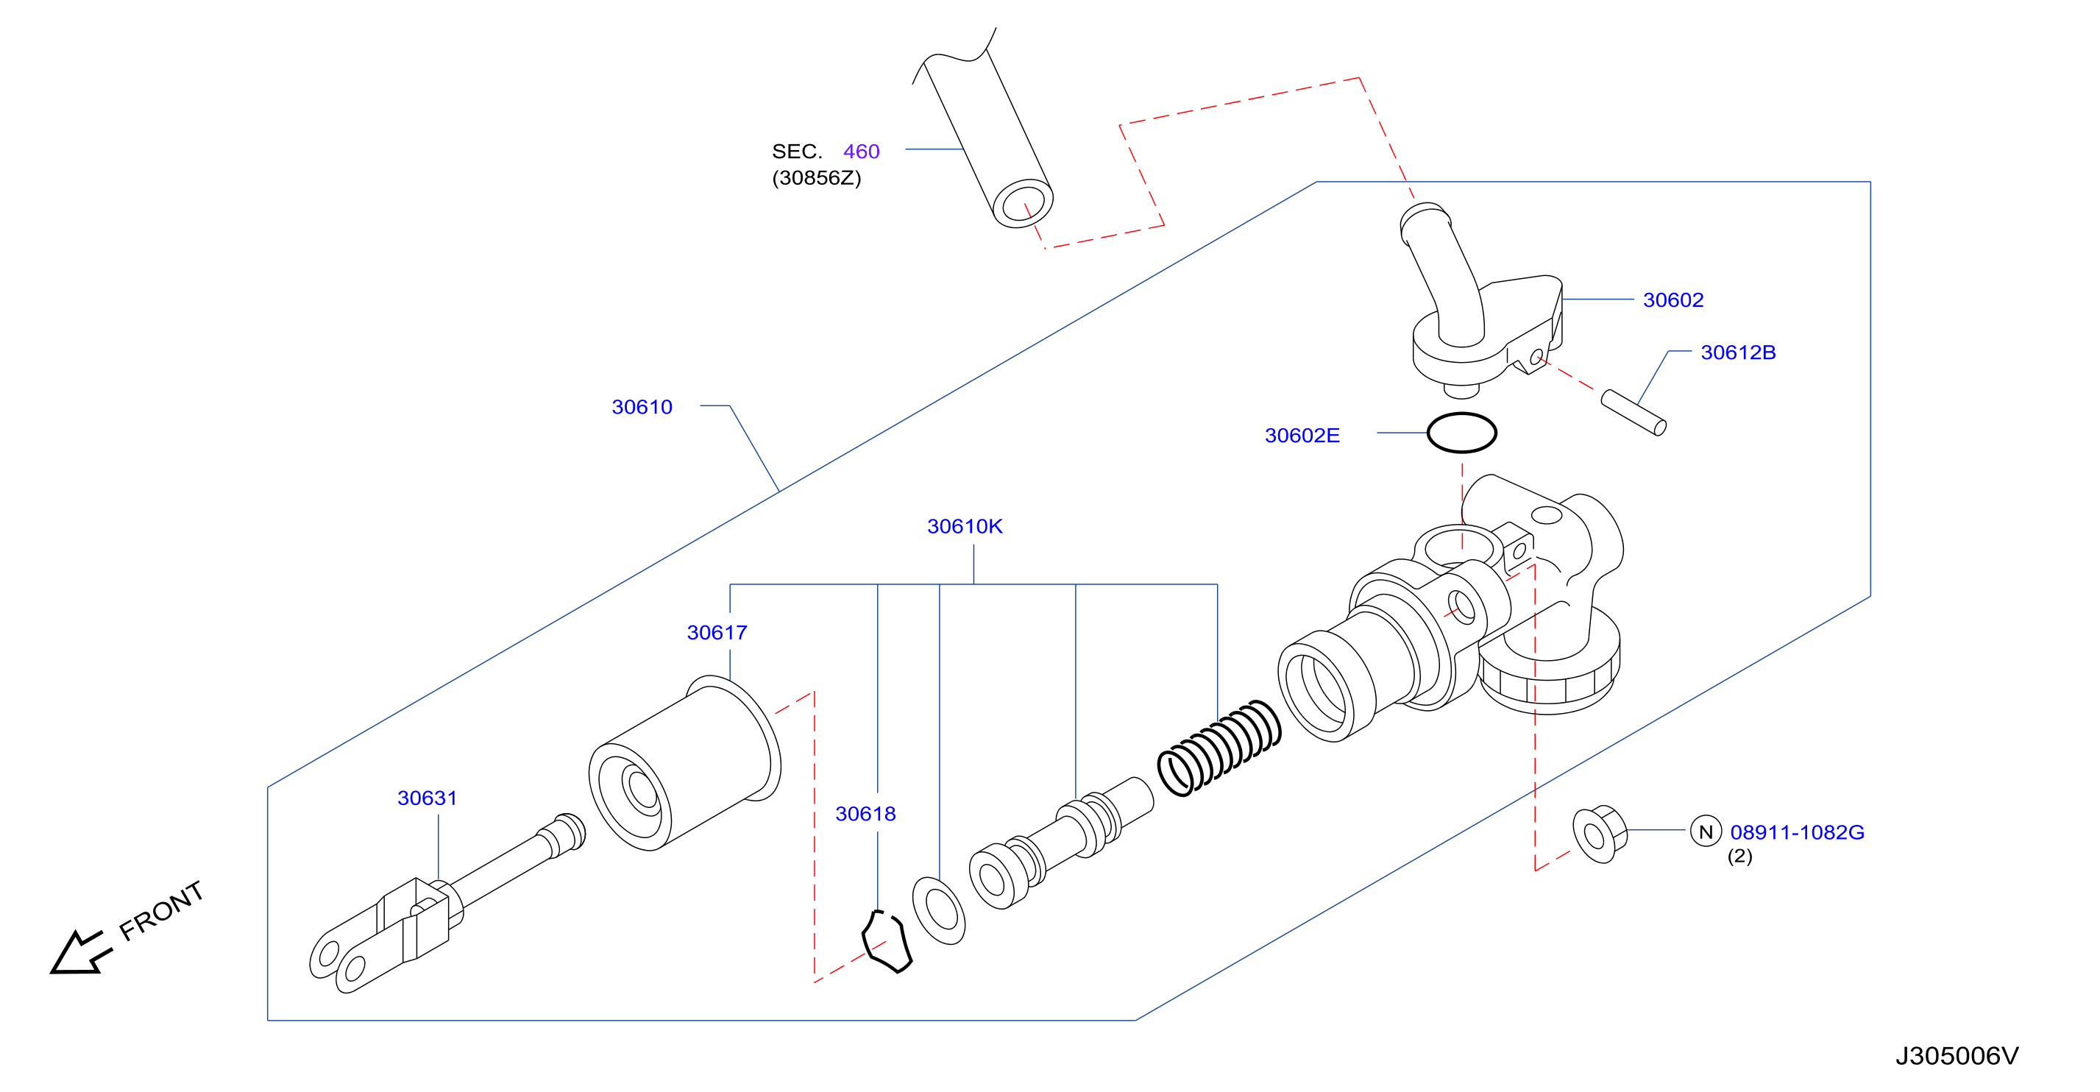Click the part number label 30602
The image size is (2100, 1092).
1672,300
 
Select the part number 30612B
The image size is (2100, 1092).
1738,352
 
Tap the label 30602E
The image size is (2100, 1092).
1302,436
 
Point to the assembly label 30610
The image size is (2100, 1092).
642,407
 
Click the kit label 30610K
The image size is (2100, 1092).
965,526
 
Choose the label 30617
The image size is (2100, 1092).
717,632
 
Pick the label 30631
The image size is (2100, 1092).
428,798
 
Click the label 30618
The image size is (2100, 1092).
865,813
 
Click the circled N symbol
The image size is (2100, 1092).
1706,831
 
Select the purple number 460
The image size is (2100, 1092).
861,152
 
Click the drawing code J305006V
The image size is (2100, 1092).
1957,1056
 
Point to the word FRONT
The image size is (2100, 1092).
160,910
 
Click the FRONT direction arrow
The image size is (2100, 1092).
79,952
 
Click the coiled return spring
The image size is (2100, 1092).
1219,748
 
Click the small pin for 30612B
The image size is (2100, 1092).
1633,413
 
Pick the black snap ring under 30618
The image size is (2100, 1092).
887,942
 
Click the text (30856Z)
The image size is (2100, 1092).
816,178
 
